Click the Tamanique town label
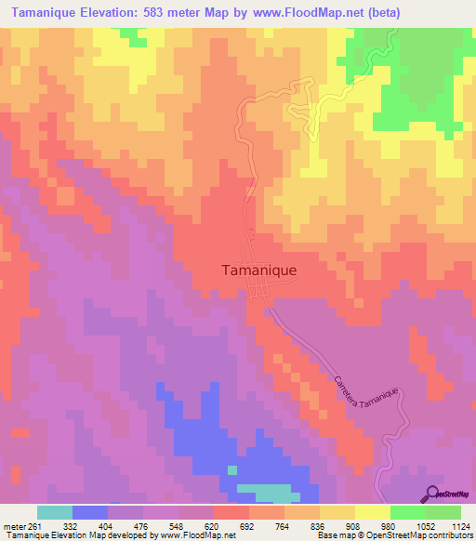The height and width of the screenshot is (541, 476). (258, 270)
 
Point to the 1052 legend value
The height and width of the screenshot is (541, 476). (408, 526)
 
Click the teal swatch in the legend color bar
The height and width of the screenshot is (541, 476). (55, 512)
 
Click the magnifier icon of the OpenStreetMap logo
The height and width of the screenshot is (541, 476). (431, 493)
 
